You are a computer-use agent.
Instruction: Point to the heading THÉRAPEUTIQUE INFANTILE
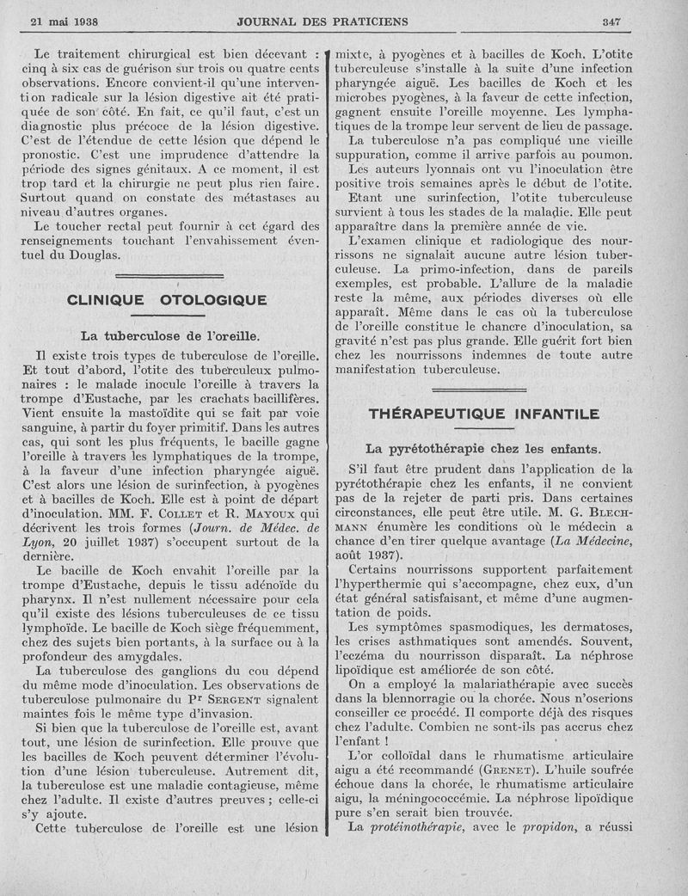483,414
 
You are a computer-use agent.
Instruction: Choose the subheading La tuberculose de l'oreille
169,334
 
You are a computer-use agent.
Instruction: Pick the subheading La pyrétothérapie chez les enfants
483,448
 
